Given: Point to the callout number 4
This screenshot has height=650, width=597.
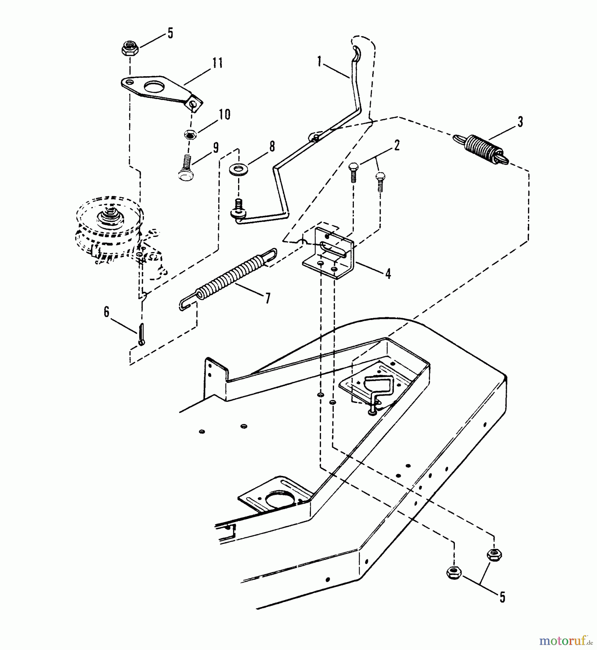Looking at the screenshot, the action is (388, 274).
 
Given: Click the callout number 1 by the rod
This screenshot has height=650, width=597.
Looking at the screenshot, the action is (319, 62).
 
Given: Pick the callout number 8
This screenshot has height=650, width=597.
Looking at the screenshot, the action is (272, 146).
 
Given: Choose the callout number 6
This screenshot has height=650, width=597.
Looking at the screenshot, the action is (106, 312).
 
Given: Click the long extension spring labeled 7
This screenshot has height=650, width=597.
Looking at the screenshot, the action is (228, 276).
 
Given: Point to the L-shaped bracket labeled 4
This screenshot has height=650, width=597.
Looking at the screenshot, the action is (328, 253).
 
